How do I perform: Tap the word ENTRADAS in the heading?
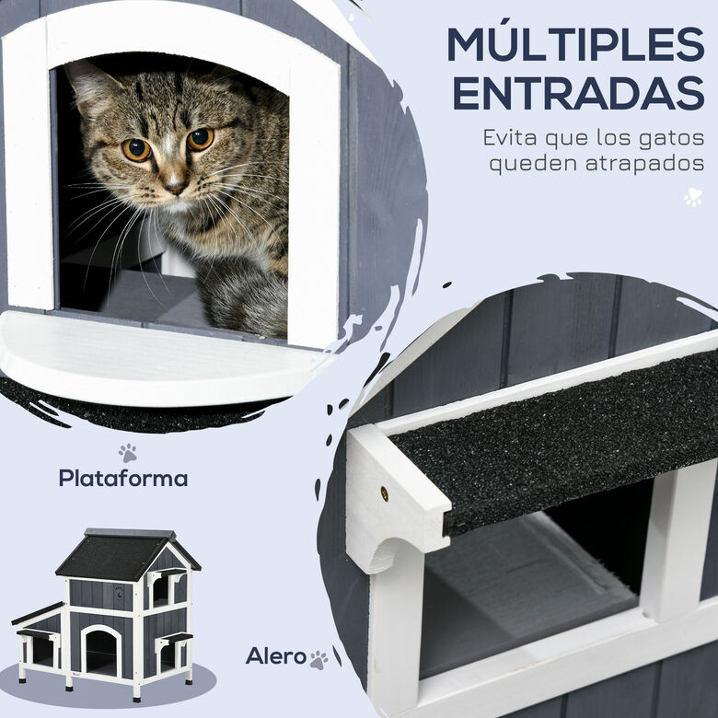click(579, 93)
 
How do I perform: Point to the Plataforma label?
click(123, 478)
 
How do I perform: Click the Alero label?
click(275, 656)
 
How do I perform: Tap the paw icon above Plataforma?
click(128, 452)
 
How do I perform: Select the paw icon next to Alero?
click(318, 660)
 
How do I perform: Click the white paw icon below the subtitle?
click(693, 198)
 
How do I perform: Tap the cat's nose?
click(176, 187)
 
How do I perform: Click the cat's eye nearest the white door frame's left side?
click(136, 149)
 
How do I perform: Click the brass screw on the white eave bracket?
click(384, 493)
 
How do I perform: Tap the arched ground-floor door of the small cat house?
click(101, 649)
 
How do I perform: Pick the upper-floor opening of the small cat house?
click(161, 591)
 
